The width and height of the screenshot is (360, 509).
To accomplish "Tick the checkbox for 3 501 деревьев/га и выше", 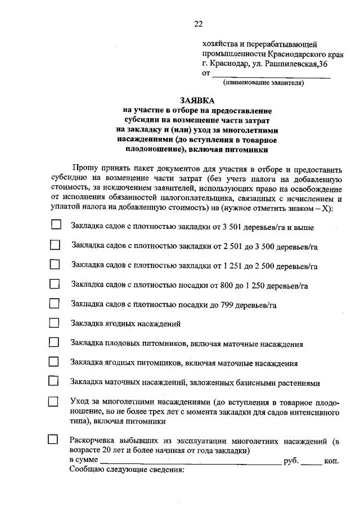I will click(x=55, y=224).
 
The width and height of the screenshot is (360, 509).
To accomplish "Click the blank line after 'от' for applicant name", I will click(x=271, y=74).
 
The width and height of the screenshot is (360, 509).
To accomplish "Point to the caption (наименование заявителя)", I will click(x=263, y=83).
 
